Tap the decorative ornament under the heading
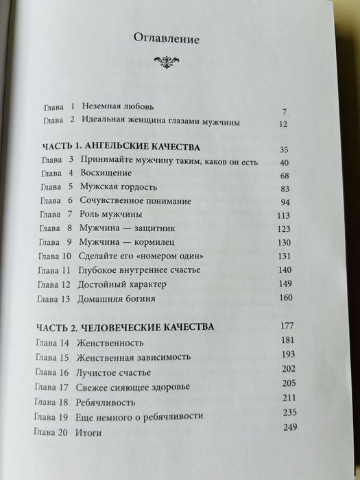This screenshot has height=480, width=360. click(168, 63)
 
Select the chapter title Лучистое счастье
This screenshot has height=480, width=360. click(102, 373)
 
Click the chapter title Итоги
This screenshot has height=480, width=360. click(82, 434)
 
